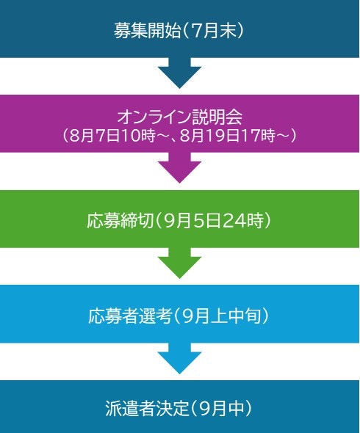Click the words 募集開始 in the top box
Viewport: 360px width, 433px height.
[147, 30]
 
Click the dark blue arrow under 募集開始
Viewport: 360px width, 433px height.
[179, 73]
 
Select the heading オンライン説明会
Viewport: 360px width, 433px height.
[180, 117]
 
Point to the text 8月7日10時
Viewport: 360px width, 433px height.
[112, 136]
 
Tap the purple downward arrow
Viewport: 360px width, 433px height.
[179, 167]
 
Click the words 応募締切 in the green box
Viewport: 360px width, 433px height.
[120, 220]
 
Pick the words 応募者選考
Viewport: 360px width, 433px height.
[130, 316]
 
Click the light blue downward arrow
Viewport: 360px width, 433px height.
[179, 358]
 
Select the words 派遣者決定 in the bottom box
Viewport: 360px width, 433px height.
[147, 408]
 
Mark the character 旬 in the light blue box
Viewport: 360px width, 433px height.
[253, 316]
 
